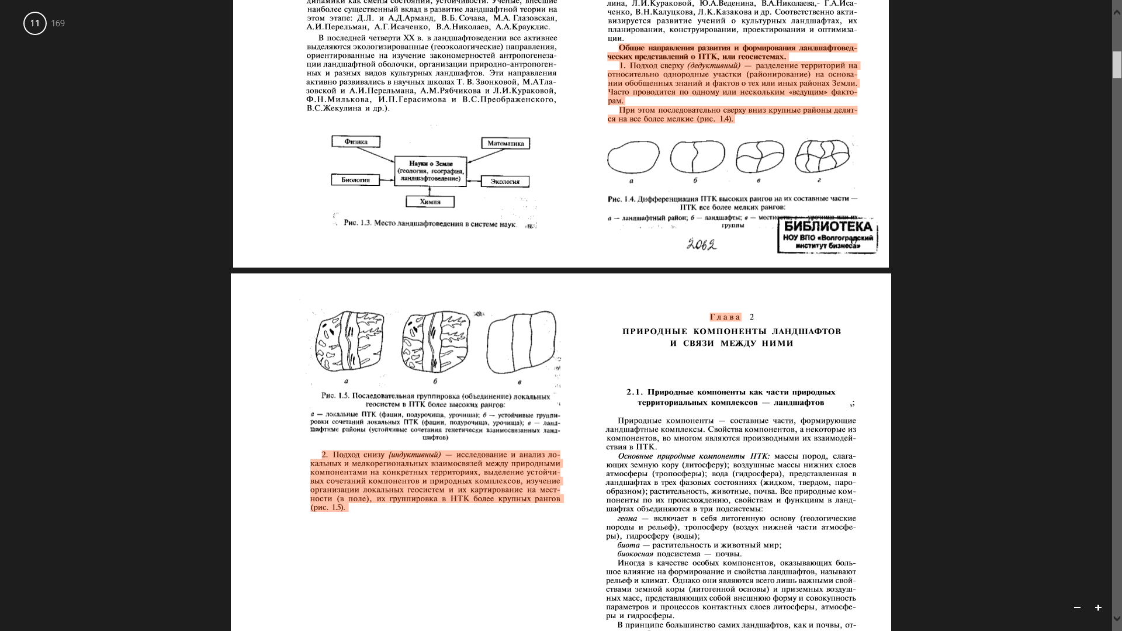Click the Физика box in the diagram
(356, 142)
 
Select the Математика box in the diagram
(505, 144)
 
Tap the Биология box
(355, 180)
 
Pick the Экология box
(505, 182)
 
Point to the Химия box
(430, 202)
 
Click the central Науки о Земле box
(431, 171)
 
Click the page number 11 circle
(35, 23)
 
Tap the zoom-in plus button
(1098, 608)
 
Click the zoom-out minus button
(1077, 608)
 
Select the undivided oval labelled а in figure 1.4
(633, 157)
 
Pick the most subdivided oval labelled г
(822, 156)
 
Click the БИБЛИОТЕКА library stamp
(827, 236)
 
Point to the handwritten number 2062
(701, 244)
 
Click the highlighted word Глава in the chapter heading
(725, 317)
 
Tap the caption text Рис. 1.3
(358, 223)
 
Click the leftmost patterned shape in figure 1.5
(349, 341)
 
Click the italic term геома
(627, 518)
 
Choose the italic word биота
(628, 545)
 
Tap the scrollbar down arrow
(1117, 619)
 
